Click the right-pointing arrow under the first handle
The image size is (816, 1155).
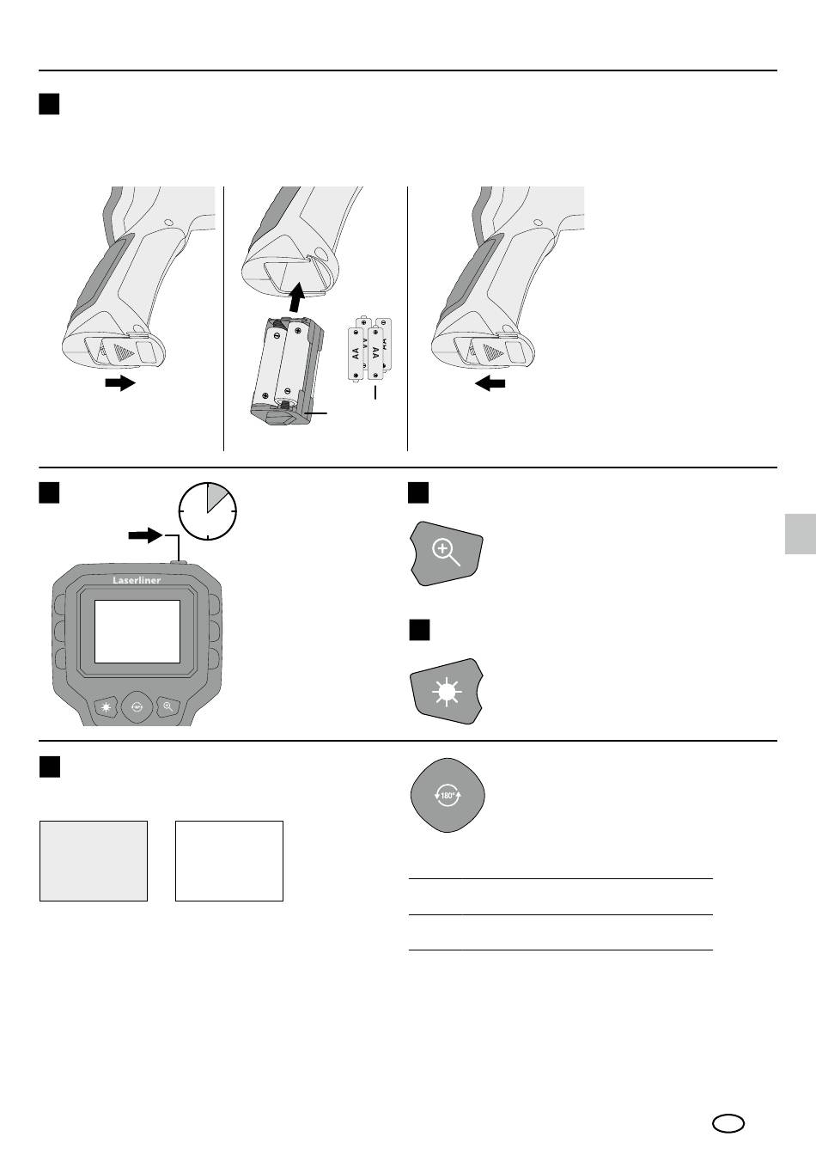120,383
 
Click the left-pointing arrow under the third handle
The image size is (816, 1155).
490,383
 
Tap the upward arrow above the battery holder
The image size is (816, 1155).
297,296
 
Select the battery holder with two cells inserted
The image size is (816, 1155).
287,371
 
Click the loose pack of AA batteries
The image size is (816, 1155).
369,349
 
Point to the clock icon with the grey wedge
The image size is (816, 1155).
208,511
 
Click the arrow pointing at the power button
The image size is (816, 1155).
145,535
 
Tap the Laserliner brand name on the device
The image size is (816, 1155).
137,581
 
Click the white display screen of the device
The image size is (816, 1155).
137,632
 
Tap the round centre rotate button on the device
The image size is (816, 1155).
137,707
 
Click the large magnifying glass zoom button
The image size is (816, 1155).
447,553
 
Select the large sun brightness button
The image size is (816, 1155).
447,692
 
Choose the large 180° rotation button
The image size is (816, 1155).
448,795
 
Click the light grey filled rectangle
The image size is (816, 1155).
94,861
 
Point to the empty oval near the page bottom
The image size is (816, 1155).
728,1123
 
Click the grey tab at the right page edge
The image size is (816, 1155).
801,534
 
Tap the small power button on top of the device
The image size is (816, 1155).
180,562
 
